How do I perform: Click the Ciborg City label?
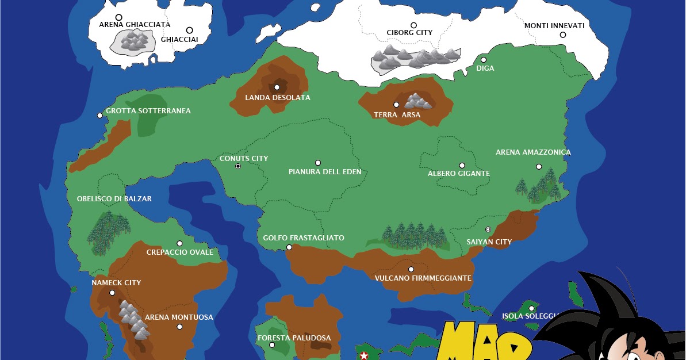[x=409, y=33]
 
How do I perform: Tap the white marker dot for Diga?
[x=484, y=60]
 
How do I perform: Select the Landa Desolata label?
[x=278, y=98]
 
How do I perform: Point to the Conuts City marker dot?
[x=238, y=166]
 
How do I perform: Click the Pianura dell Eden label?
[x=321, y=172]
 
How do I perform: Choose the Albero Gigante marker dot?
[x=462, y=166]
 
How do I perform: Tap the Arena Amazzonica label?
[x=533, y=152]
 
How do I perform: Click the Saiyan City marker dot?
[x=488, y=229]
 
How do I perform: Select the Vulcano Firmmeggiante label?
[x=423, y=278]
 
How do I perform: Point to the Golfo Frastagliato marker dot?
[x=289, y=248]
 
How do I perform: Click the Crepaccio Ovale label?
[x=180, y=252]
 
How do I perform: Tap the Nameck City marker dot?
[x=112, y=293]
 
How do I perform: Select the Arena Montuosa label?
[x=179, y=317]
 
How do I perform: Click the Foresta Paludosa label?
[x=294, y=338]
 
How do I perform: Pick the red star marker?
[x=363, y=356]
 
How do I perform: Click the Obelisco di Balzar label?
[x=114, y=199]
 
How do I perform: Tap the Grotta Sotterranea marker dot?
[x=99, y=116]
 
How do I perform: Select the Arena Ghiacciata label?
[x=135, y=25]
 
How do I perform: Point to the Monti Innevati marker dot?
[x=563, y=35]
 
